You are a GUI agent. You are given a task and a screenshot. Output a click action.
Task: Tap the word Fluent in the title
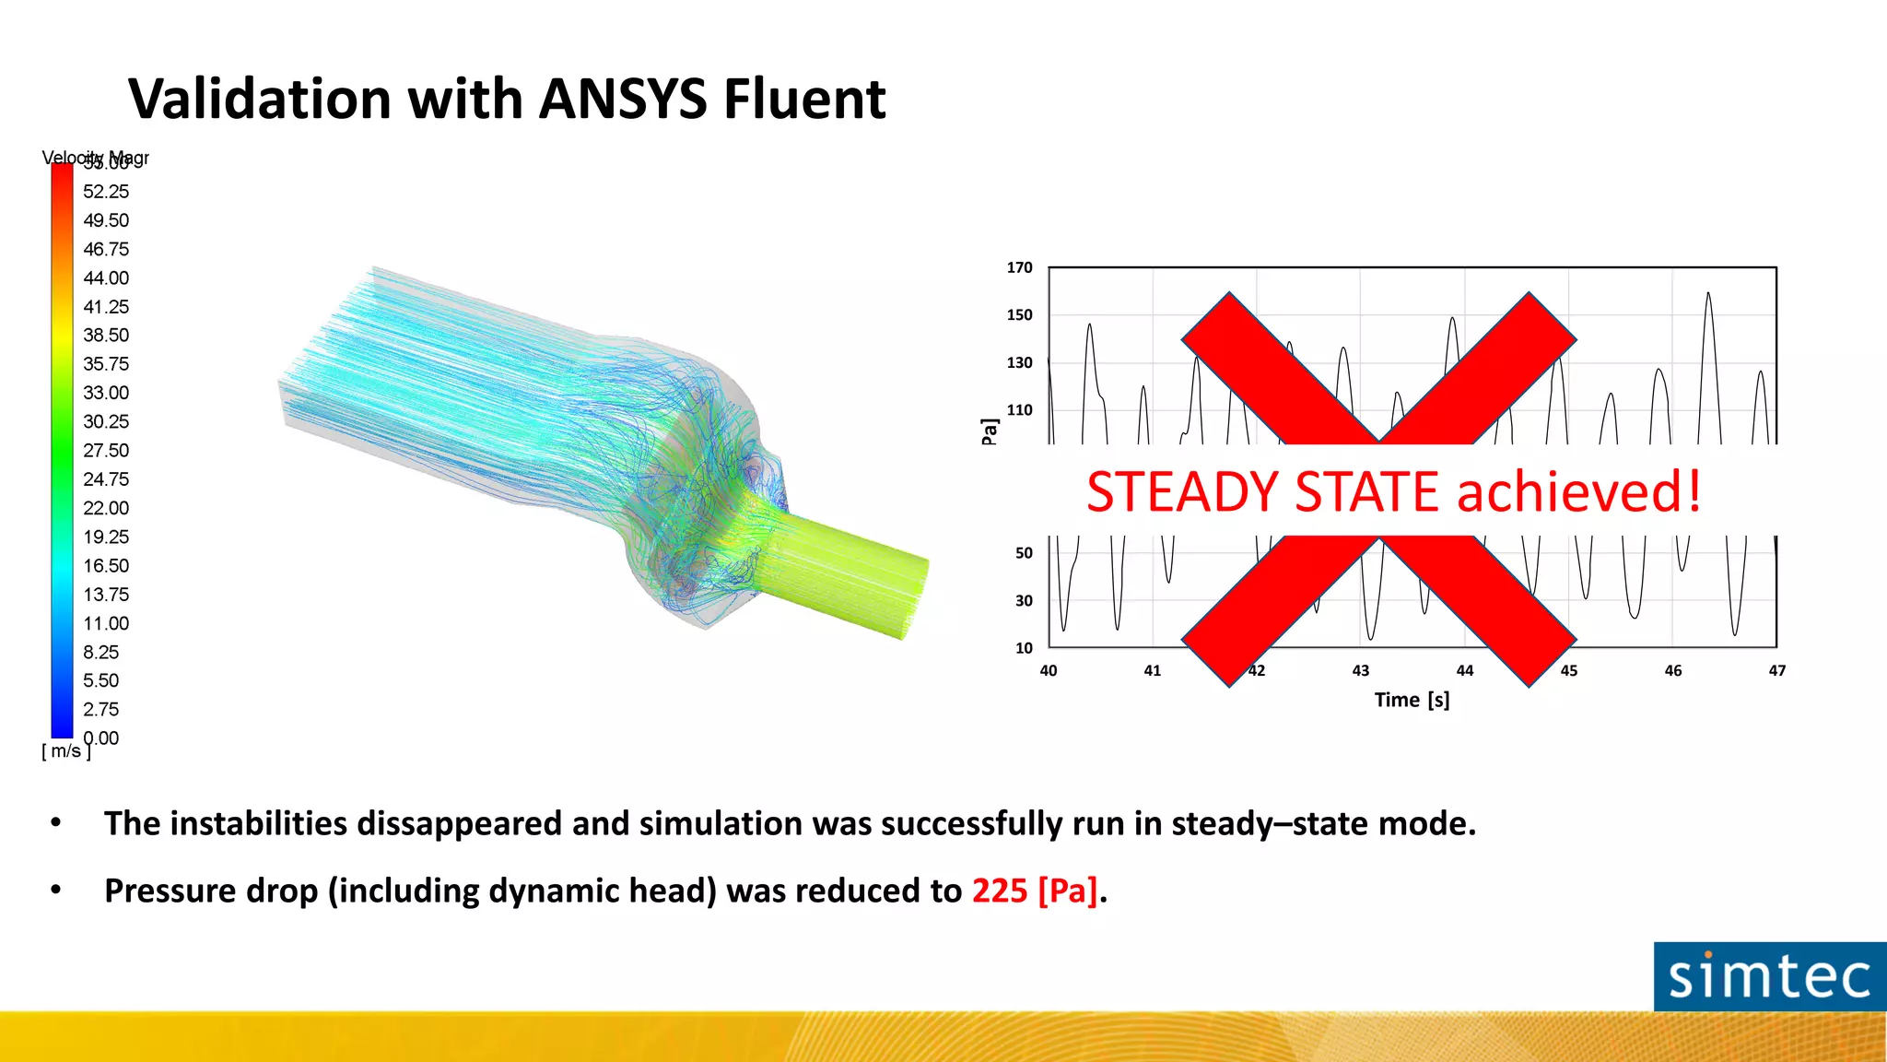pyautogui.click(x=803, y=99)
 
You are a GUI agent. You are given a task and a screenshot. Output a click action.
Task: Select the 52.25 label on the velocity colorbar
pyautogui.click(x=106, y=192)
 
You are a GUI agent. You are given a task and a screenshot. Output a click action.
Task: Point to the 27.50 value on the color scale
pyautogui.click(x=106, y=451)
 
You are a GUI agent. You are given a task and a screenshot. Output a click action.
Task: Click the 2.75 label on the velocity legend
pyautogui.click(x=101, y=710)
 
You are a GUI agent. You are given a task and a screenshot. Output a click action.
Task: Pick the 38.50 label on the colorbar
pyautogui.click(x=106, y=336)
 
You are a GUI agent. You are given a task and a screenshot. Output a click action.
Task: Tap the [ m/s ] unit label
pyautogui.click(x=66, y=751)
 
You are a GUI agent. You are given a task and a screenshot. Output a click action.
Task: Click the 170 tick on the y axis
pyautogui.click(x=1019, y=267)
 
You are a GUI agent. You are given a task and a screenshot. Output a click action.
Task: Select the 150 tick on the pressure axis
pyautogui.click(x=1019, y=315)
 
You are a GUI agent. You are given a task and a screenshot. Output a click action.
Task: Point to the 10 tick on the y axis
pyautogui.click(x=1024, y=648)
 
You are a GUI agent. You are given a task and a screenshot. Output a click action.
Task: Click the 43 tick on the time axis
pyautogui.click(x=1361, y=671)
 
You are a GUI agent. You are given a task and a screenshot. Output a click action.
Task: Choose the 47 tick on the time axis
pyautogui.click(x=1777, y=671)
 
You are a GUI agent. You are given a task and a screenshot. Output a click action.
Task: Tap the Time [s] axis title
pyautogui.click(x=1412, y=701)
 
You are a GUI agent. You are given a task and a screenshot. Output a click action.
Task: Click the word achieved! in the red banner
pyautogui.click(x=1578, y=491)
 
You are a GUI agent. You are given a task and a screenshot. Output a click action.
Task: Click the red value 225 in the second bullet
pyautogui.click(x=1000, y=891)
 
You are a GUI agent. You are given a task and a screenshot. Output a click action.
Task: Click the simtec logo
pyautogui.click(x=1769, y=977)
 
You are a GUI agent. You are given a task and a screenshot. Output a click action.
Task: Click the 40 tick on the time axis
pyautogui.click(x=1049, y=671)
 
